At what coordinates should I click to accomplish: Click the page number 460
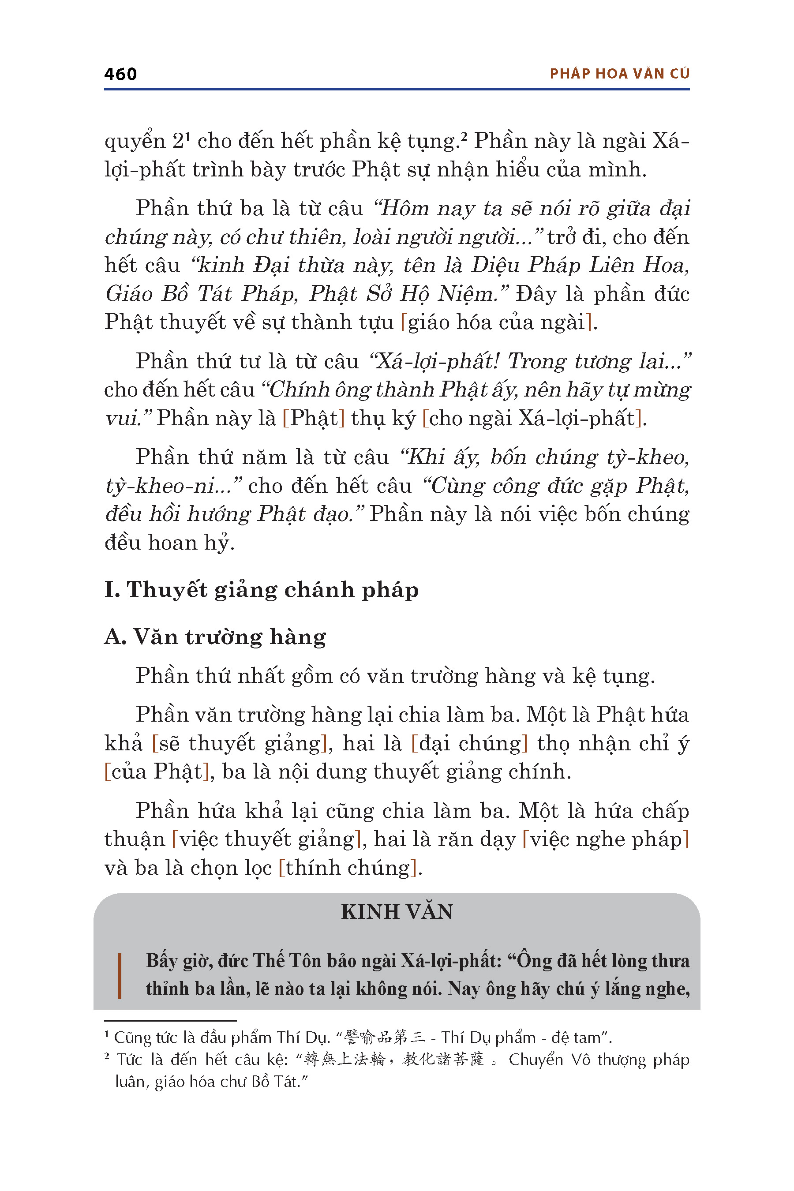pos(120,74)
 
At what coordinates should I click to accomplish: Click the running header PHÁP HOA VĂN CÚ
pos(619,74)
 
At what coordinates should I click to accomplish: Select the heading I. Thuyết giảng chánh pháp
pos(261,590)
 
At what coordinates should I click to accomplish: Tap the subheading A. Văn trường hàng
pos(215,637)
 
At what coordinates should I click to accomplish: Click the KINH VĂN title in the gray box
pos(397,912)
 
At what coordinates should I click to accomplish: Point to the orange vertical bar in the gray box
pos(120,976)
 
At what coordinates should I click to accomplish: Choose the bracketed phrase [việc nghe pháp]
pos(606,839)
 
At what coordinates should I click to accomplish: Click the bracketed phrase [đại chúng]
pos(469,744)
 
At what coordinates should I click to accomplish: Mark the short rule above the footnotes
pos(170,1020)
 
